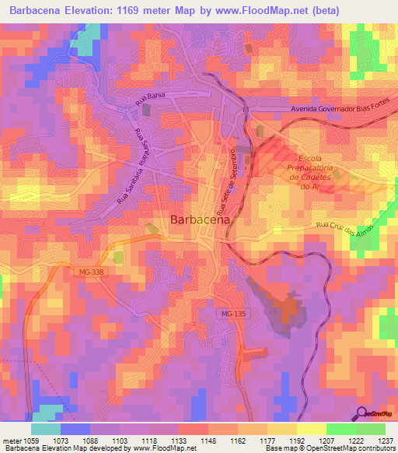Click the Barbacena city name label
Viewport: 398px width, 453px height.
pos(199,220)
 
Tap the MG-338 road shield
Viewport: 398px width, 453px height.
pos(90,272)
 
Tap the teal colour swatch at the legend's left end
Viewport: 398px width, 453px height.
pos(45,429)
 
